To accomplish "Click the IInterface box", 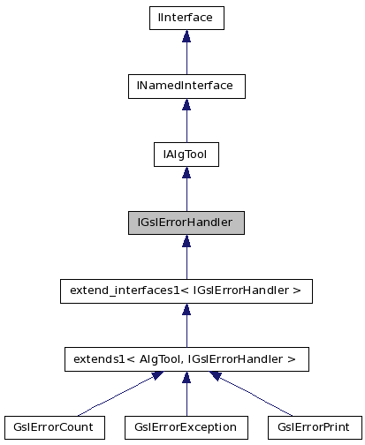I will point(186,17).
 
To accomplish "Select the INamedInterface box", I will point(186,86).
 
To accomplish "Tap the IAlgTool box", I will point(186,155).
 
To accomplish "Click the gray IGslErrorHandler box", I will point(186,222).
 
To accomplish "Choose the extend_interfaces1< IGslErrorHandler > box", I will point(186,290).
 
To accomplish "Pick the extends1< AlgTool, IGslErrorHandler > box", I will point(186,358).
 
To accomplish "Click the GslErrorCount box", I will point(54,427).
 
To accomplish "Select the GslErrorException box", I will point(186,427).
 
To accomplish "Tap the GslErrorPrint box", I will point(316,427).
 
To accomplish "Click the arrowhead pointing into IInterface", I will point(186,36).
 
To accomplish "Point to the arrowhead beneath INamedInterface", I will point(186,105).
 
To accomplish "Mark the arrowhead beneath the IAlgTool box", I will point(186,174).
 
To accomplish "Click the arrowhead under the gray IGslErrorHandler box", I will point(186,242).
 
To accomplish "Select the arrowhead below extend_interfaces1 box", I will point(186,310).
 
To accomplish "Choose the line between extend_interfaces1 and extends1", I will point(186,332).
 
